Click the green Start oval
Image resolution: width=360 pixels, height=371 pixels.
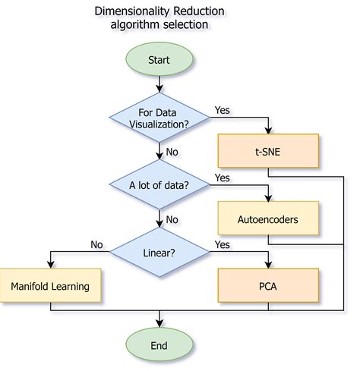tap(159, 58)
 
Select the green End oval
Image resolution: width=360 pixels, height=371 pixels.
tap(159, 345)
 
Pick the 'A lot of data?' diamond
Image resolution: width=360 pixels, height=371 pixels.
tap(159, 184)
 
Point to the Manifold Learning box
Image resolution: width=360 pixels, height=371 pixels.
tap(50, 286)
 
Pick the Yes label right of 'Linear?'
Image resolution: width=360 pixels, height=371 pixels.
tap(223, 244)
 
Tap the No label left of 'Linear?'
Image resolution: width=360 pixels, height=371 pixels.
tap(96, 244)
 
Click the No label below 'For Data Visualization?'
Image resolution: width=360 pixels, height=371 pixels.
tap(172, 152)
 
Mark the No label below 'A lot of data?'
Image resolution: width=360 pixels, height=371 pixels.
tap(172, 219)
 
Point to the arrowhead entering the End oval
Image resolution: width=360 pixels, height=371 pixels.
tap(159, 324)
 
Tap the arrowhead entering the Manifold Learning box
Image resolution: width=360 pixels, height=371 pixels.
tap(50, 266)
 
